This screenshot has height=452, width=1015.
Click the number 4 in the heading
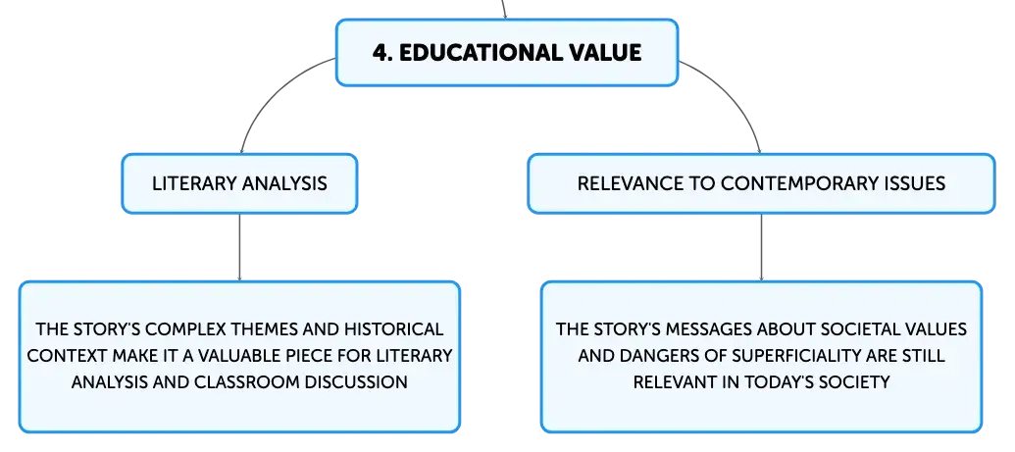click(x=380, y=52)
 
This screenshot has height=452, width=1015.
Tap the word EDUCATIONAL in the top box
click(x=473, y=52)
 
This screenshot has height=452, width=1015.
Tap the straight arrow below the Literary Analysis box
click(x=239, y=247)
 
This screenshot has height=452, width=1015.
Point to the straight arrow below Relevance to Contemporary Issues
click(x=761, y=247)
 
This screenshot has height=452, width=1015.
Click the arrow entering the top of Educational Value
click(x=504, y=9)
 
